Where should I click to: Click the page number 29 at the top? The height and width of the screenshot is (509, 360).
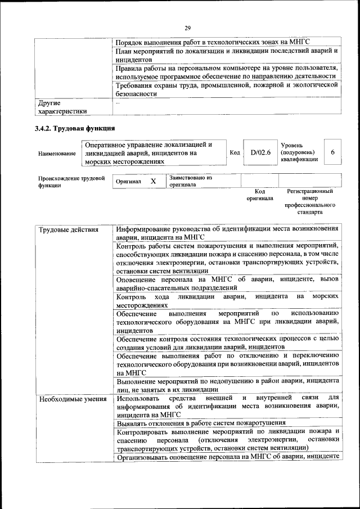(187, 26)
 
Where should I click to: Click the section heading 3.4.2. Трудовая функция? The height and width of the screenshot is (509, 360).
(75, 128)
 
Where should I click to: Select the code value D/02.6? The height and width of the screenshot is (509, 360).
(260, 152)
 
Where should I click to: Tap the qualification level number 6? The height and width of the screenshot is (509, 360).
(333, 152)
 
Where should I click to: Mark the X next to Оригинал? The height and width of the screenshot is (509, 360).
(153, 182)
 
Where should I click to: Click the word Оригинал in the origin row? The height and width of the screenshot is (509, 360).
(128, 182)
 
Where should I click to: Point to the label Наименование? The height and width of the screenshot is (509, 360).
(57, 153)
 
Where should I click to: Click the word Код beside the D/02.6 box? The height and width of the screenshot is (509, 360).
(235, 152)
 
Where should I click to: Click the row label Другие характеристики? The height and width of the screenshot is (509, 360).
(62, 107)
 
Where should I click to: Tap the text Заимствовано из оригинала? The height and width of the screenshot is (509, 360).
(190, 181)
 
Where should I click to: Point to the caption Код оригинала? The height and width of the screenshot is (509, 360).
(259, 195)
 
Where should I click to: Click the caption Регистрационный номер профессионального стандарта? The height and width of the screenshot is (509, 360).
(310, 202)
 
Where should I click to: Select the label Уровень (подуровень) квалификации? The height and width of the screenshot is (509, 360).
(299, 152)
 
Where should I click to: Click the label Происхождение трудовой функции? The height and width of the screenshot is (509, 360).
(71, 182)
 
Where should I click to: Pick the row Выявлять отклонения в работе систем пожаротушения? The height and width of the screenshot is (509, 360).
(201, 423)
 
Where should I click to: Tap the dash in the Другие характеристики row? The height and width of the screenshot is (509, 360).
(118, 103)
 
